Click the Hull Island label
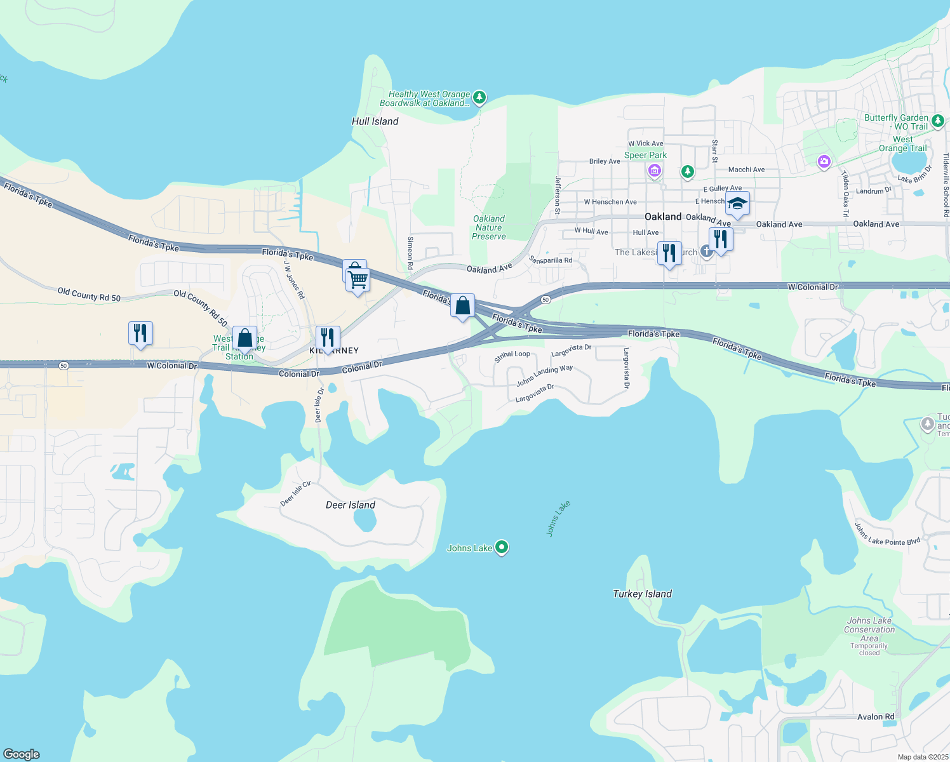pos(375,121)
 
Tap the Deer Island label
pos(350,505)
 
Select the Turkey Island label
pos(642,594)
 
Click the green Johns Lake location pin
pos(502,547)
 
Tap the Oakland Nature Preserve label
pos(489,227)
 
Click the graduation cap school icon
pos(737,204)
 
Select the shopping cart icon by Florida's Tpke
pos(358,279)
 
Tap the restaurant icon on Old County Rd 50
pos(140,333)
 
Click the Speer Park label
pos(645,155)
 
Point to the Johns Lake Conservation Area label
pos(869,629)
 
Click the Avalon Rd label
pos(875,716)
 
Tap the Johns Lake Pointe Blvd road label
pos(886,533)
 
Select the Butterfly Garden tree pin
pos(938,120)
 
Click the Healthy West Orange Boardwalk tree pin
pos(479,97)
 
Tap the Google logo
pos(22,754)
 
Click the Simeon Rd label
pos(410,253)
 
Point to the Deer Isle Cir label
pos(296,493)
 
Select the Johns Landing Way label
pos(544,375)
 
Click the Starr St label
pos(714,151)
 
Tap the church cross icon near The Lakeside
pos(706,251)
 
